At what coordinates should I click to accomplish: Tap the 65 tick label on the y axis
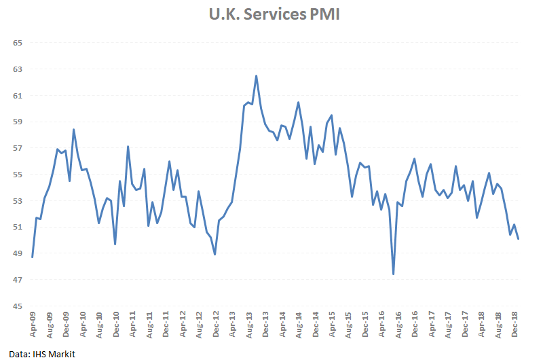point(18,43)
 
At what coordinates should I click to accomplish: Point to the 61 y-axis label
point(18,96)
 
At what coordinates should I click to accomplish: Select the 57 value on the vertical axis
point(18,148)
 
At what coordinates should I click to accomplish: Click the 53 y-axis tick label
point(18,201)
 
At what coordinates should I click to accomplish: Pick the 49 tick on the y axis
point(18,254)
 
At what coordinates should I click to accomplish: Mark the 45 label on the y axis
point(18,306)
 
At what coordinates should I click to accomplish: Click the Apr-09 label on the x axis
point(33,326)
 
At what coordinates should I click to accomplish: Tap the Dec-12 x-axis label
point(215,326)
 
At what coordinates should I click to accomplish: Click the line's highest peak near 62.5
point(257,75)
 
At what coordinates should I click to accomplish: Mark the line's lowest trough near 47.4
point(394,274)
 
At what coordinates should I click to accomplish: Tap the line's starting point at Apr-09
point(33,257)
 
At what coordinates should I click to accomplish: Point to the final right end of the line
point(518,239)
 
